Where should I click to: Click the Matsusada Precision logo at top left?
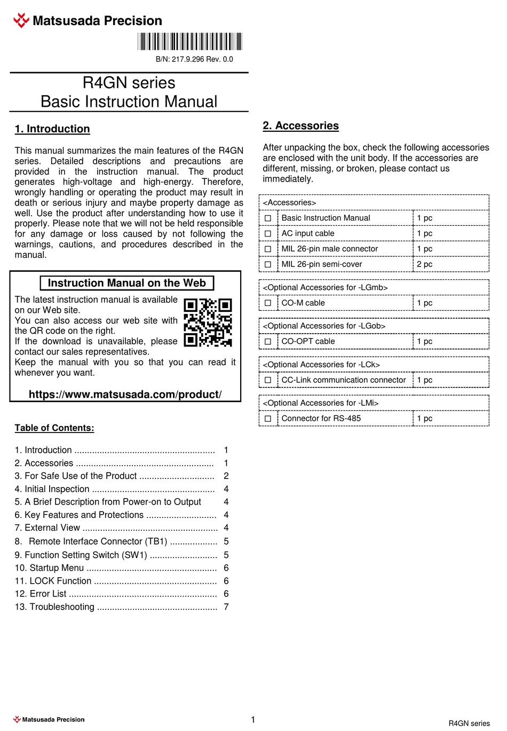click(87, 21)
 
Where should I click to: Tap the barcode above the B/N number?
click(189, 42)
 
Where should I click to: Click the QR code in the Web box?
click(208, 323)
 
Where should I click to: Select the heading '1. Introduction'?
click(52, 129)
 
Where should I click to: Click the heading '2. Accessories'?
click(300, 125)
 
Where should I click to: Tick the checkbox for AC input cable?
click(268, 233)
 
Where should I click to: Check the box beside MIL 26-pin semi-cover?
click(268, 264)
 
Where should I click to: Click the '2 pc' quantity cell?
click(425, 264)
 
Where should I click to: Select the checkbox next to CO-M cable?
click(268, 303)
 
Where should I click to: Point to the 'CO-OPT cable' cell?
click(308, 341)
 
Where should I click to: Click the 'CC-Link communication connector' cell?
click(344, 380)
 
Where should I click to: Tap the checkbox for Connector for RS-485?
click(268, 419)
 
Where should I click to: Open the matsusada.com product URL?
click(125, 394)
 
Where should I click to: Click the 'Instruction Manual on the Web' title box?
click(127, 283)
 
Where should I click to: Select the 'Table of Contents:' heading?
click(54, 428)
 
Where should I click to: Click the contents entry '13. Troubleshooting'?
click(54, 607)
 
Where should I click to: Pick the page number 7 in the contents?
click(226, 607)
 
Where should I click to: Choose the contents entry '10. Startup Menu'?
click(49, 568)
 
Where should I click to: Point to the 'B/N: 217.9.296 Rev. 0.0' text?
click(194, 59)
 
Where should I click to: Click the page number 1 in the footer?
click(253, 719)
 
